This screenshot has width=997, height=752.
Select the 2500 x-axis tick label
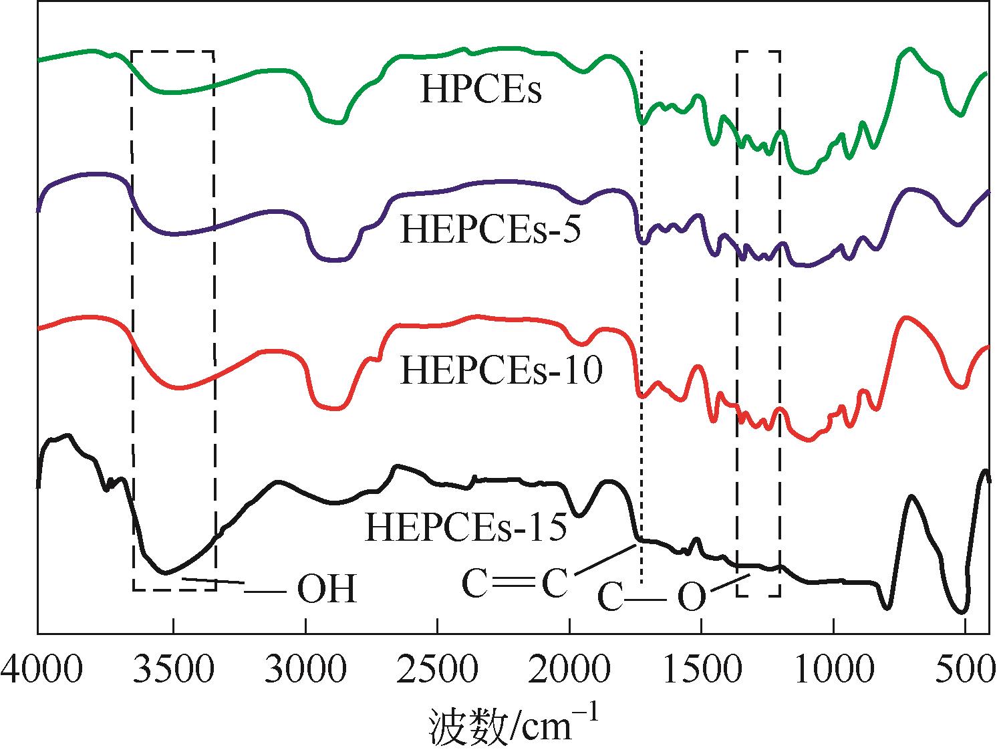point(437,670)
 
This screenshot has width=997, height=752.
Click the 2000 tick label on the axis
point(569,670)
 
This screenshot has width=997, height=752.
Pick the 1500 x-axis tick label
point(701,670)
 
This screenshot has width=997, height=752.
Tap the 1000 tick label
point(833,670)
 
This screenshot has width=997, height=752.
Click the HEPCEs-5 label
point(490,230)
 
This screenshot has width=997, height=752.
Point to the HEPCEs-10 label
point(501,370)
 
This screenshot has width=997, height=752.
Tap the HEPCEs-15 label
point(466,526)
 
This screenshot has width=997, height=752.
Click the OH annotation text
point(326,590)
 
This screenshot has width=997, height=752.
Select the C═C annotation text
point(515,584)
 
